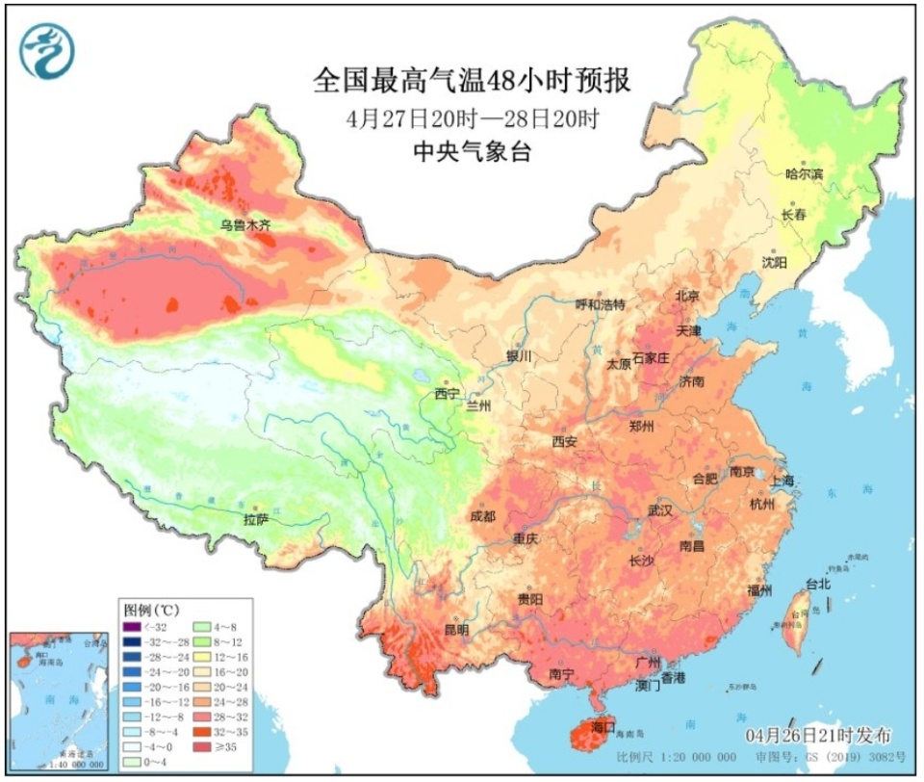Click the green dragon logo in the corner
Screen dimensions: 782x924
(45, 50)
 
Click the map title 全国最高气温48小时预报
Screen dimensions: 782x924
(472, 80)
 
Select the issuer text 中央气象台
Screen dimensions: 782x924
(472, 150)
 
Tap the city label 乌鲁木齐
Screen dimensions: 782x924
(245, 225)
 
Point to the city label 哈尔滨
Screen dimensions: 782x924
(805, 174)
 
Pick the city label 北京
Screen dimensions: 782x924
(687, 296)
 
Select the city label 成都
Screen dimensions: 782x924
(482, 517)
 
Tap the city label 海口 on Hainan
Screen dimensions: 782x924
(603, 725)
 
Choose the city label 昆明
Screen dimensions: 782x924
(456, 630)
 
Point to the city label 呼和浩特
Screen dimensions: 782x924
(601, 304)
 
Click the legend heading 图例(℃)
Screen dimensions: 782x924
(152, 611)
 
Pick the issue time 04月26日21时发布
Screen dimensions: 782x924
(818, 734)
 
